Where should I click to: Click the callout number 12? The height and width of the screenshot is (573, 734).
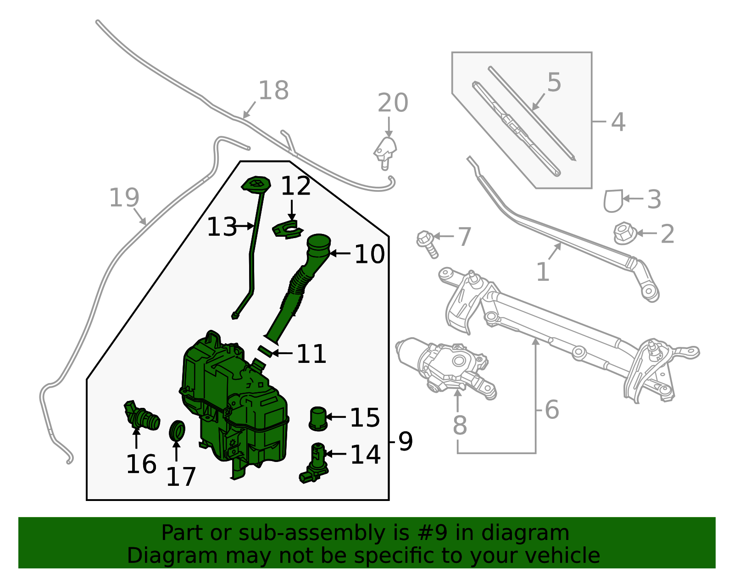[x=295, y=186]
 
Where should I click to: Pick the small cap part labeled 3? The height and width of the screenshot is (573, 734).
[x=613, y=201]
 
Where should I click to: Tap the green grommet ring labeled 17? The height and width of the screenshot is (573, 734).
[x=177, y=430]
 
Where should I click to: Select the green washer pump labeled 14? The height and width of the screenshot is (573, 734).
[x=316, y=463]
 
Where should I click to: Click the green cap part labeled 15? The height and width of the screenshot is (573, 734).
[x=318, y=418]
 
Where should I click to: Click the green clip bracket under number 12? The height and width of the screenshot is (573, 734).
[x=288, y=229]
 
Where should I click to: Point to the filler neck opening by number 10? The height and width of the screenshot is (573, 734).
[x=318, y=241]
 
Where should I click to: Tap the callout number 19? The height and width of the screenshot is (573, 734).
[x=124, y=198]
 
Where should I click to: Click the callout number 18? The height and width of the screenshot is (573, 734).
[x=273, y=90]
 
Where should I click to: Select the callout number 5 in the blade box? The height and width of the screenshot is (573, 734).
[x=554, y=83]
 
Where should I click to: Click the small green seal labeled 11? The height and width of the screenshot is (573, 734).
[x=265, y=351]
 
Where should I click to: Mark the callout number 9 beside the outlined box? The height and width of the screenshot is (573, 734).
[x=405, y=441]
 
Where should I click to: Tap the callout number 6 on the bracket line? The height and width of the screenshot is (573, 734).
[x=552, y=409]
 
